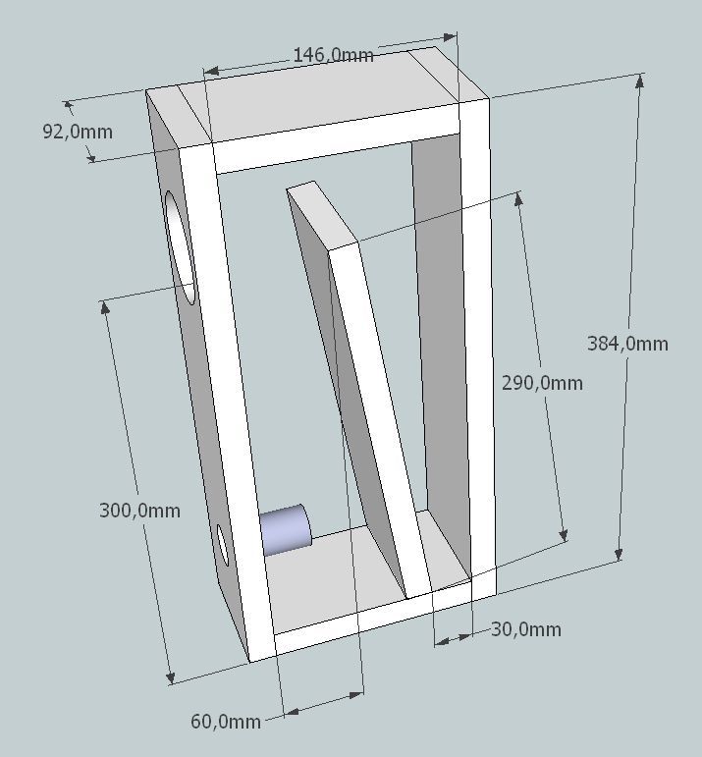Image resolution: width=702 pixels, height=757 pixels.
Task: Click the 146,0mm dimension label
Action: [x=333, y=55]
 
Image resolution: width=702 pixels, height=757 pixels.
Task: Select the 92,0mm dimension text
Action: [x=78, y=132]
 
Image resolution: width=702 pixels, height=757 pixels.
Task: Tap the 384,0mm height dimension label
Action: [x=627, y=344]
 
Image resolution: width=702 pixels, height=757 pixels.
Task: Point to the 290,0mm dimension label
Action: [x=542, y=383]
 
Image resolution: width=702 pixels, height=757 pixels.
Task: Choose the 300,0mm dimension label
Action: [x=139, y=511]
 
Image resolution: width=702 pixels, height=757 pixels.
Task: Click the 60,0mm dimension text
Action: [x=226, y=722]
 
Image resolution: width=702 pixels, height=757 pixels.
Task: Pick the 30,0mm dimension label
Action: [x=526, y=629]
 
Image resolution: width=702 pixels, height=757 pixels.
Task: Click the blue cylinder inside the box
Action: [x=286, y=530]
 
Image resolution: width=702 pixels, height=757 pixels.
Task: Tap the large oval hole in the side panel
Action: [x=180, y=247]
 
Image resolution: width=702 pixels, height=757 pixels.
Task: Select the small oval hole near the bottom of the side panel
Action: [x=223, y=545]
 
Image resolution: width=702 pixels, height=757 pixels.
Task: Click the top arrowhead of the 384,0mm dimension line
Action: [x=640, y=81]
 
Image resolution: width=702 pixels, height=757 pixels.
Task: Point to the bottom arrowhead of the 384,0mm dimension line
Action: [x=619, y=553]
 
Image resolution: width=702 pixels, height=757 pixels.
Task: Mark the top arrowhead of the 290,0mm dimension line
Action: [x=518, y=199]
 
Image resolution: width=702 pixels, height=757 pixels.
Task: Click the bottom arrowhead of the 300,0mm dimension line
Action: [x=170, y=676]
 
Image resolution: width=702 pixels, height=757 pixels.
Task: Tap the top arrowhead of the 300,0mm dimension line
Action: [x=104, y=308]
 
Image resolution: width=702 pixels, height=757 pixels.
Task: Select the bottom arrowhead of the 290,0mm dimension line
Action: [x=563, y=534]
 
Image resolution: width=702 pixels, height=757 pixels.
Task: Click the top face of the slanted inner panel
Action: [x=322, y=214]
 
